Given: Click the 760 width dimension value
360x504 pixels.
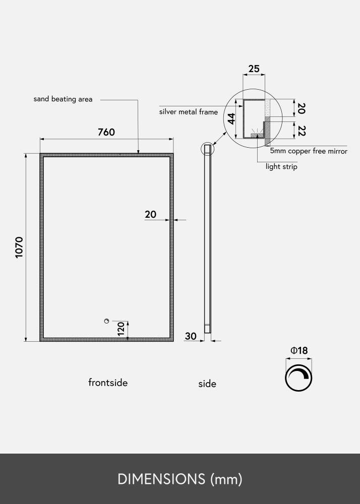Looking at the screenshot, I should point(106,133).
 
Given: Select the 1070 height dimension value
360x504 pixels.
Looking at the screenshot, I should point(19,247).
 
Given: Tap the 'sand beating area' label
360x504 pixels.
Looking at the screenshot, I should point(63,99).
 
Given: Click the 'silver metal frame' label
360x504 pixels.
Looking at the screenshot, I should point(189,112).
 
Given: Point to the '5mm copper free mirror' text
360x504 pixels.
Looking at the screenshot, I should point(309,151).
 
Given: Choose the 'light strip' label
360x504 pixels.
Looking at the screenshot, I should point(281,166).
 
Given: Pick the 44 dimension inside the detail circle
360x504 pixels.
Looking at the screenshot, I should point(232,119).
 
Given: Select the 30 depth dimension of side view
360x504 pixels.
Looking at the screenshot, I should point(191,336).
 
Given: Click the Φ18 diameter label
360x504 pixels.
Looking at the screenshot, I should point(299,350).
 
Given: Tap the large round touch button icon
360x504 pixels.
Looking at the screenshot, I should point(298,376).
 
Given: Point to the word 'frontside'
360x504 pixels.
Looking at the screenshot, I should point(108,383).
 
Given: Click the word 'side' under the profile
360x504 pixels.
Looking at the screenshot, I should point(207,384).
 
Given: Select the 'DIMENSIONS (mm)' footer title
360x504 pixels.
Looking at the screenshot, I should point(180,479).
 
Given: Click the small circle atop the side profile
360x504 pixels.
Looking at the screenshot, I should point(207,149).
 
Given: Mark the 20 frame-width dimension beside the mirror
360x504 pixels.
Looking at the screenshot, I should point(150,214).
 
